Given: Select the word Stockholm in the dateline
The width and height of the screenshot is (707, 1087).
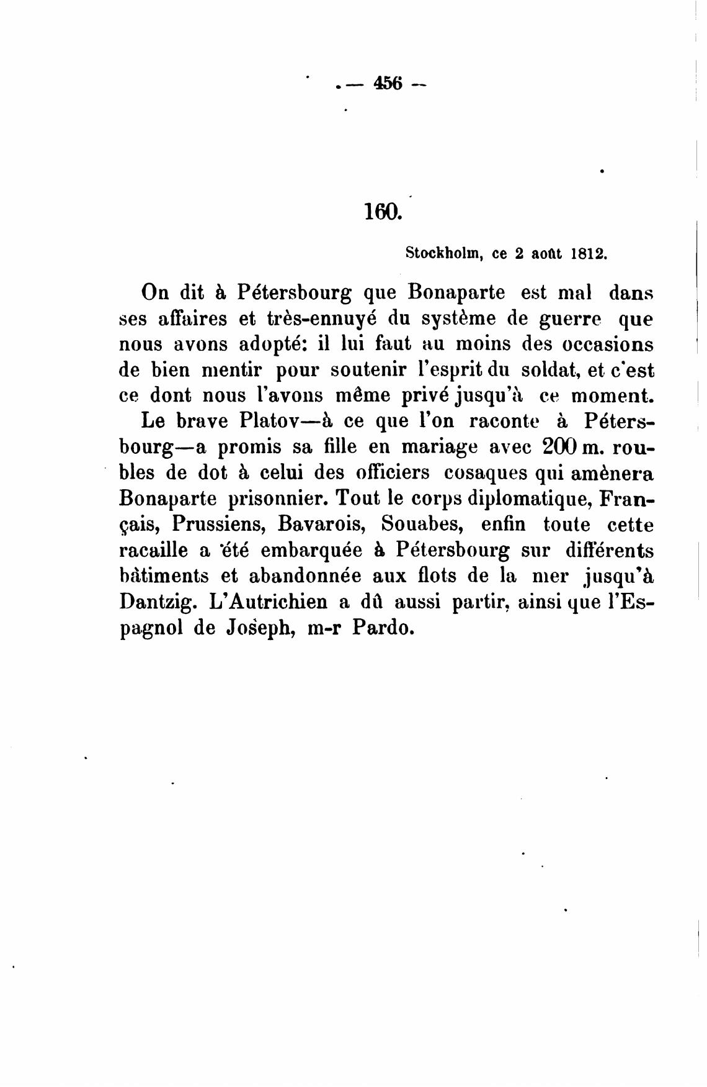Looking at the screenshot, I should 445,253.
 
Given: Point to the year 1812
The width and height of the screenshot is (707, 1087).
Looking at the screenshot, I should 587,253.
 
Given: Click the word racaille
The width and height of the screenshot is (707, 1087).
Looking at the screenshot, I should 155,551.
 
